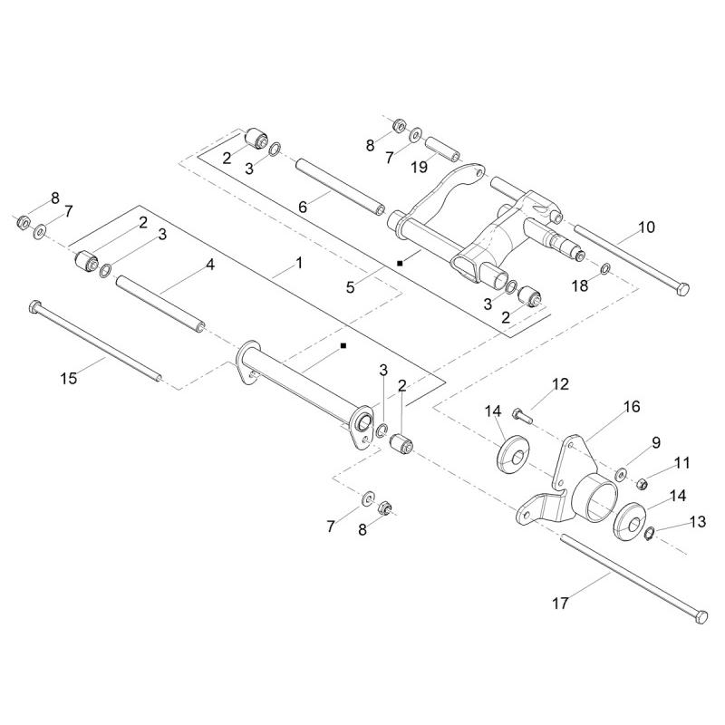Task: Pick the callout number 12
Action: (561, 384)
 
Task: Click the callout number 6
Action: (304, 207)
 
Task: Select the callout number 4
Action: (209, 266)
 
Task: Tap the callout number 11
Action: (682, 462)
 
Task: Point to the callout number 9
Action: (656, 442)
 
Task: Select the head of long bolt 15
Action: (35, 304)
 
